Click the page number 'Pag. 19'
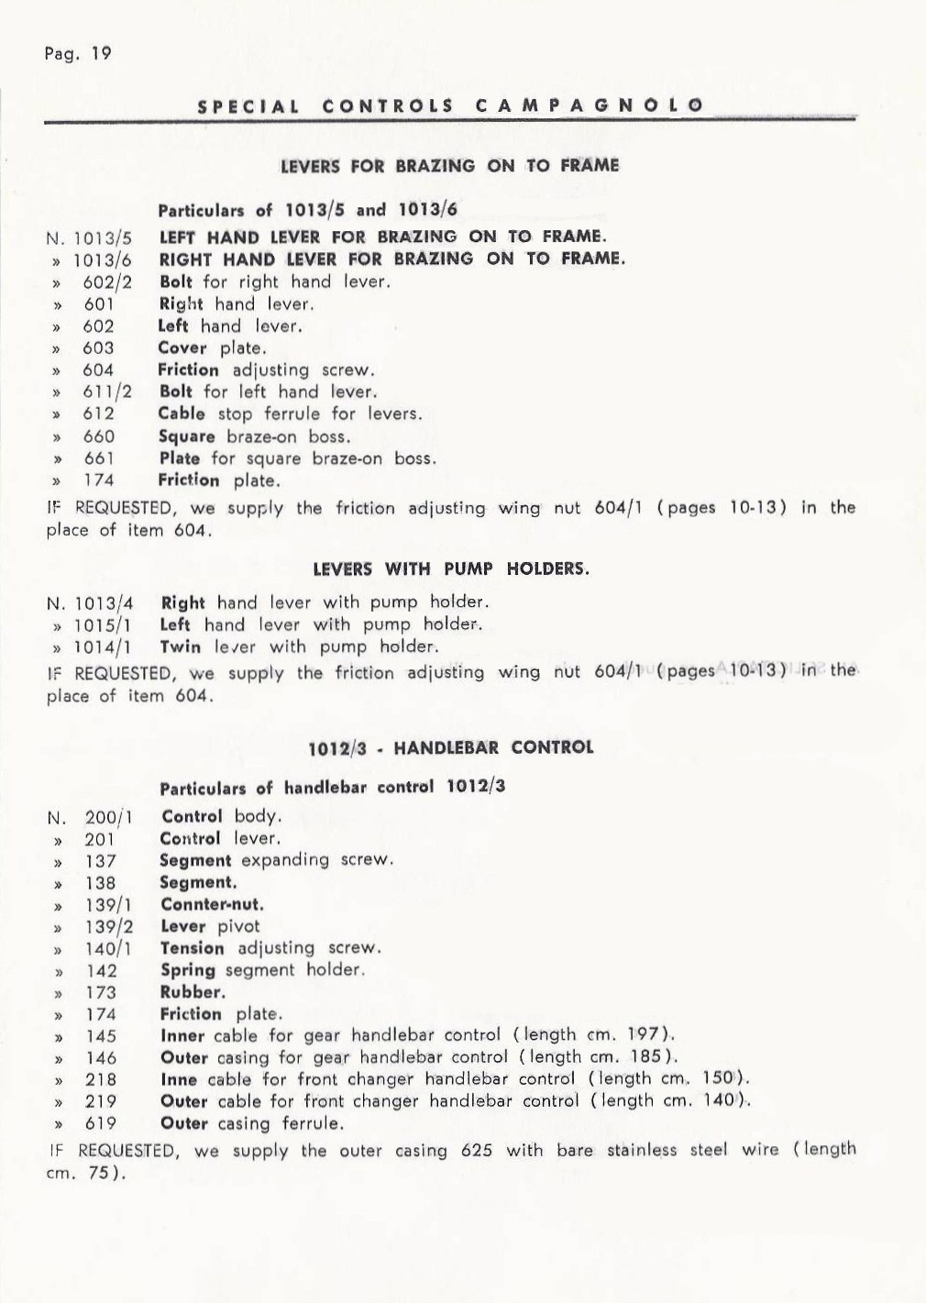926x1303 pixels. [x=78, y=54]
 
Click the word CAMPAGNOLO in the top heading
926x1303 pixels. [x=590, y=105]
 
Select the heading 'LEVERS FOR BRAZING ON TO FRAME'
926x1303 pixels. [x=449, y=166]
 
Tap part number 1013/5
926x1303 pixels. [x=103, y=238]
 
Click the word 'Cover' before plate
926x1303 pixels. [x=186, y=348]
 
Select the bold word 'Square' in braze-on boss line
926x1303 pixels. [x=187, y=436]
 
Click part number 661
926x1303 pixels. [x=99, y=458]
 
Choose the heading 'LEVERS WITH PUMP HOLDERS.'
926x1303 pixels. [x=451, y=569]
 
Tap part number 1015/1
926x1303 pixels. [x=103, y=625]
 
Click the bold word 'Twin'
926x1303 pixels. [x=181, y=647]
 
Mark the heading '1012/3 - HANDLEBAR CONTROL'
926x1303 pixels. [x=451, y=747]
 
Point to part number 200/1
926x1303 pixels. [x=108, y=818]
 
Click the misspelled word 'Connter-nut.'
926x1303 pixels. [x=212, y=905]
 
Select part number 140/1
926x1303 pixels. [x=108, y=949]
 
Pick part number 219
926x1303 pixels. [x=101, y=1102]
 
